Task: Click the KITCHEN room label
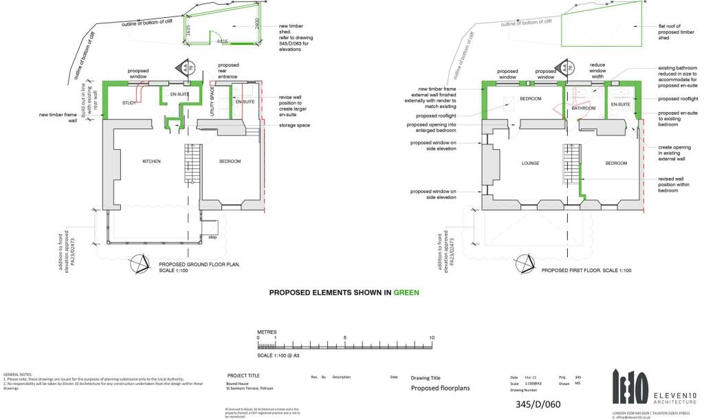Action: click(x=151, y=162)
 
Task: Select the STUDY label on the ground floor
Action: click(x=129, y=103)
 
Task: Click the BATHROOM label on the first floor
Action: click(x=582, y=108)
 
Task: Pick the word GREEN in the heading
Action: click(x=406, y=291)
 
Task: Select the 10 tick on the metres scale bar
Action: click(x=432, y=338)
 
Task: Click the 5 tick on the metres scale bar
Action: click(x=345, y=338)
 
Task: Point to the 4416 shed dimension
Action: click(x=222, y=42)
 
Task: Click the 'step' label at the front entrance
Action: click(x=212, y=237)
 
